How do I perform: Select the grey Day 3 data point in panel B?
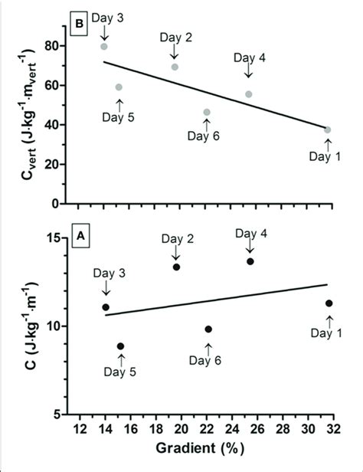pyautogui.click(x=104, y=47)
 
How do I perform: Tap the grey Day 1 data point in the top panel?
pyautogui.click(x=328, y=129)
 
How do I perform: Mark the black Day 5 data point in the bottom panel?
pyautogui.click(x=119, y=346)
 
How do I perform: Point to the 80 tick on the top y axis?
pyautogui.click(x=52, y=45)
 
